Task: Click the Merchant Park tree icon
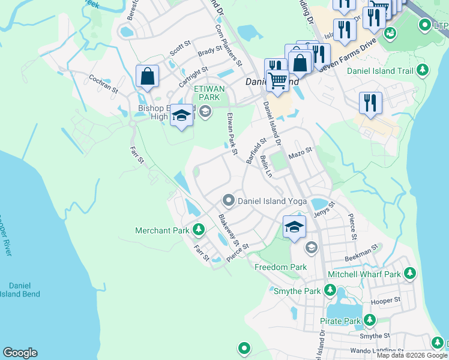199,230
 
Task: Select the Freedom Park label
280,267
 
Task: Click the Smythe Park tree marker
330,291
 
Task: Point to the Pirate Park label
341,321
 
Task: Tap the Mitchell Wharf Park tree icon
410,274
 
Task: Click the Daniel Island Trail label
379,71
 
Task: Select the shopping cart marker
277,80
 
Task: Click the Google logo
20,353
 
